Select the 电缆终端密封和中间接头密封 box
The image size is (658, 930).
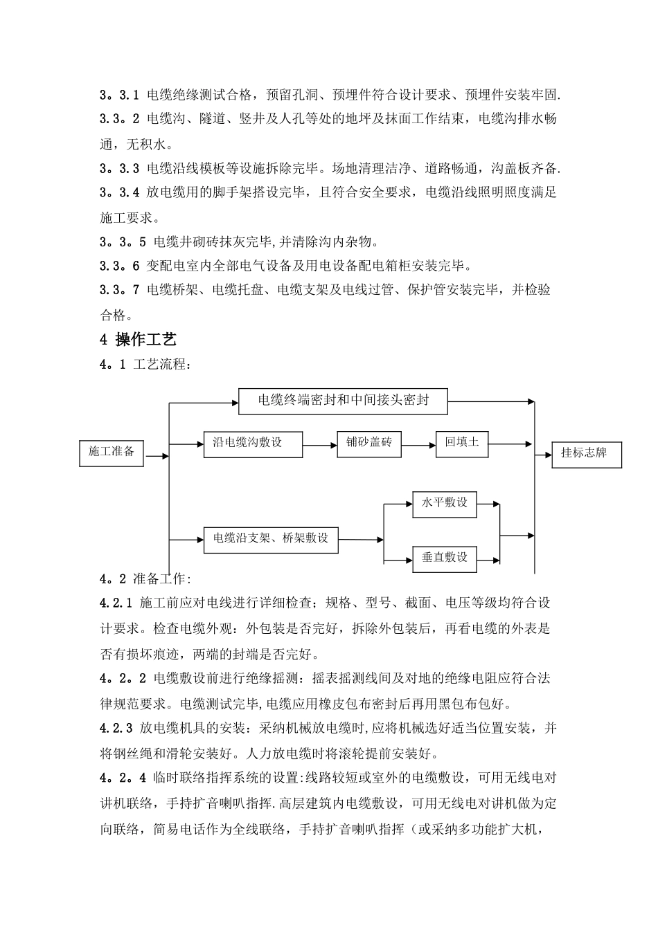343,401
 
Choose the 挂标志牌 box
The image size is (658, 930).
586,455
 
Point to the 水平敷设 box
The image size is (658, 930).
444,504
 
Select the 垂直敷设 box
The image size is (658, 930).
444,558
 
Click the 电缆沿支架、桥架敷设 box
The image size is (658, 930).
271,539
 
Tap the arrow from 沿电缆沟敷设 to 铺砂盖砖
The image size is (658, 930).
320,445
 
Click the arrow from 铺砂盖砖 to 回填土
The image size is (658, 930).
418,445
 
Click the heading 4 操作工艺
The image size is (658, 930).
139,340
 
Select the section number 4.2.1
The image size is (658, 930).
116,603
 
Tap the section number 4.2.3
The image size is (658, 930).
116,728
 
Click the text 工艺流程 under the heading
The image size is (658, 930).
159,365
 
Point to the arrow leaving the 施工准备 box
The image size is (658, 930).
157,456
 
